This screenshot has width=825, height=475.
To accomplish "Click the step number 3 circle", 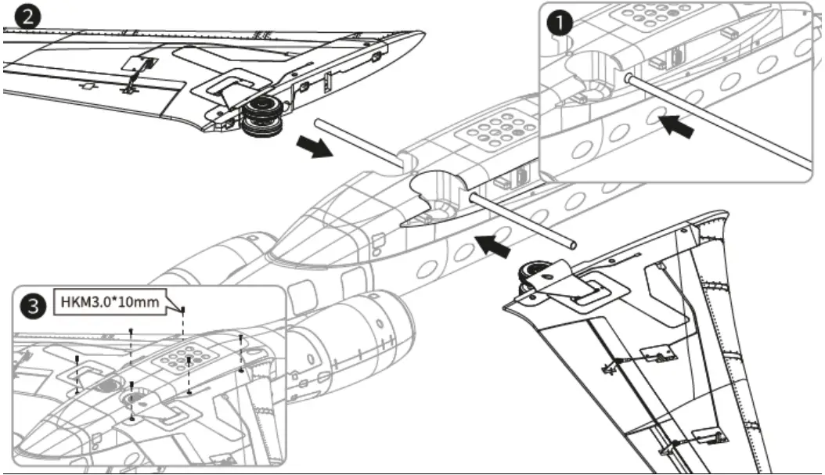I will click(32, 308).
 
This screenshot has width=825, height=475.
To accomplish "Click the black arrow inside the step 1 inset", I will click(675, 128).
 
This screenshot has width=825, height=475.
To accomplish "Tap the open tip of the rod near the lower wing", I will click(575, 244).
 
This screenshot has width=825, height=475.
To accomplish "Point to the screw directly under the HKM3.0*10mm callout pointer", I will click(183, 311).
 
